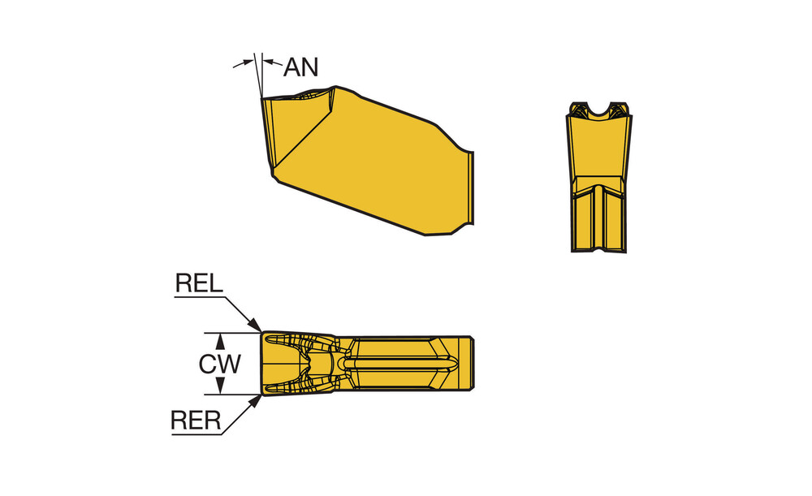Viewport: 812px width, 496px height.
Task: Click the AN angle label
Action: point(300,67)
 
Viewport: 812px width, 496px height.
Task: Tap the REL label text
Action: point(199,283)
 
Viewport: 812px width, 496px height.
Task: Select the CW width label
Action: point(219,364)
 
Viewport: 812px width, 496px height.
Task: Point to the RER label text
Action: point(196,421)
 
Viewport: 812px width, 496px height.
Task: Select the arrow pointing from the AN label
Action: point(273,63)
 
